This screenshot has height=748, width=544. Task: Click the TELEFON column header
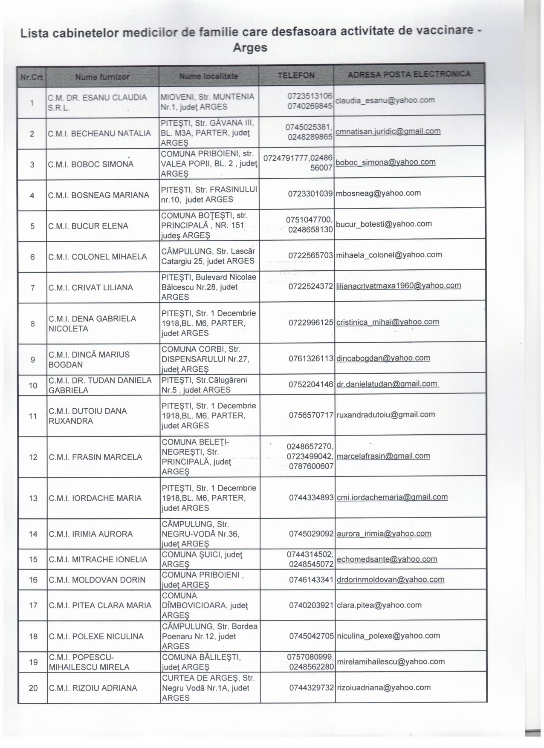pyautogui.click(x=296, y=75)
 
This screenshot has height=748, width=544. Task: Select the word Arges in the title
pyautogui.click(x=250, y=48)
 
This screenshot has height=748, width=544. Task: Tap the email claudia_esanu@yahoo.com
pyautogui.click(x=385, y=101)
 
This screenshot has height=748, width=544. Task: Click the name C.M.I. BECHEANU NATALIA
pyautogui.click(x=99, y=133)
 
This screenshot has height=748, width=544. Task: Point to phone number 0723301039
pyautogui.click(x=310, y=193)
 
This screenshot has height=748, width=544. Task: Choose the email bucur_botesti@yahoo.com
pyautogui.click(x=384, y=224)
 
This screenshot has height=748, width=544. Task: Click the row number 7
pyautogui.click(x=33, y=288)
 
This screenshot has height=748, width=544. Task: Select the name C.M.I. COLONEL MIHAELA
pyautogui.click(x=97, y=257)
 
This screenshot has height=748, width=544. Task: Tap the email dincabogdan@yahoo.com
pyautogui.click(x=383, y=358)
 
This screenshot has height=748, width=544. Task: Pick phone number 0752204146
pyautogui.click(x=311, y=384)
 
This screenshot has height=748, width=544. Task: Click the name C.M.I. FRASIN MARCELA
pyautogui.click(x=95, y=457)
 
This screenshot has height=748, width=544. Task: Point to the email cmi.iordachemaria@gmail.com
pyautogui.click(x=392, y=497)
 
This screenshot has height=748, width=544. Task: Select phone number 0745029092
pyautogui.click(x=311, y=534)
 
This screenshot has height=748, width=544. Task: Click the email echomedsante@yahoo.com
pyautogui.click(x=387, y=559)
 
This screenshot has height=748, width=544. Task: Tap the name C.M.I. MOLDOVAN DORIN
pyautogui.click(x=97, y=580)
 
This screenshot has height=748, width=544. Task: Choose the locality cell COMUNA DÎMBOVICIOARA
pyautogui.click(x=204, y=605)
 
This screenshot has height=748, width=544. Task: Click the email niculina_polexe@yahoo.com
pyautogui.click(x=388, y=636)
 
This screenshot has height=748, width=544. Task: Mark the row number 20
pyautogui.click(x=33, y=688)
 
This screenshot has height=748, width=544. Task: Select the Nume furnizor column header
pyautogui.click(x=102, y=77)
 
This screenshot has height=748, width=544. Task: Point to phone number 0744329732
pyautogui.click(x=311, y=687)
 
